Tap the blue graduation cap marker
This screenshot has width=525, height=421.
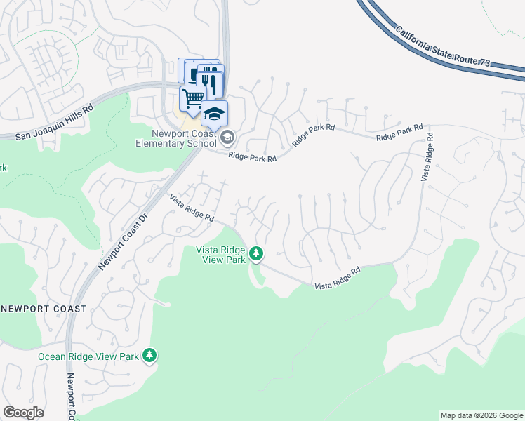(x=214, y=113)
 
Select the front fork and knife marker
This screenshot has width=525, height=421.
(x=211, y=83)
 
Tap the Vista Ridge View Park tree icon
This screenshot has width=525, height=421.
(x=256, y=253)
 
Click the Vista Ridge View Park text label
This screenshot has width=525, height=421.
(x=220, y=255)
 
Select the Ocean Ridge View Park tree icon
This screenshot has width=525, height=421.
(x=149, y=356)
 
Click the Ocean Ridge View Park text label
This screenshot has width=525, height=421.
(x=88, y=356)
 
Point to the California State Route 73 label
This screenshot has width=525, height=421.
(x=441, y=48)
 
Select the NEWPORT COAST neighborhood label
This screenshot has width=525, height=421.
(x=44, y=309)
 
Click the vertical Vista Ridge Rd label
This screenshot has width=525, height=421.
(x=430, y=154)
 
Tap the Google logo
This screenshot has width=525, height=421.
(x=23, y=413)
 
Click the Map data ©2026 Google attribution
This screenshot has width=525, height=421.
(x=481, y=415)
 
